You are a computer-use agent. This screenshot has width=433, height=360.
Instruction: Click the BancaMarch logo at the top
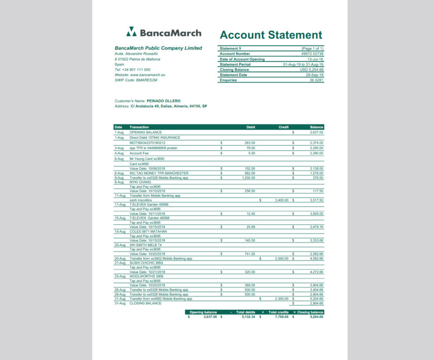pyautogui.click(x=164, y=33)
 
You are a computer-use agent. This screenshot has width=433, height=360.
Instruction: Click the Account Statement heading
pyautogui.click(x=271, y=35)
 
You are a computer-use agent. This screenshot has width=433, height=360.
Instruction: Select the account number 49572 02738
pyautogui.click(x=312, y=54)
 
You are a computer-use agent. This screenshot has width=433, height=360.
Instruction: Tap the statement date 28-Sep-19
pyautogui.click(x=315, y=75)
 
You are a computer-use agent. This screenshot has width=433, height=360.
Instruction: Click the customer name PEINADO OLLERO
pyautogui.click(x=163, y=101)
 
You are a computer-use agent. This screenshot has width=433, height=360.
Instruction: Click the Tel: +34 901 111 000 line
pyautogui.click(x=132, y=70)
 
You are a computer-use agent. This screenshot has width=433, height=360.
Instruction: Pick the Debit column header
pyautogui.click(x=251, y=127)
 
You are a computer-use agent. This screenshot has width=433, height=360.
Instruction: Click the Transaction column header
pyautogui.click(x=139, y=127)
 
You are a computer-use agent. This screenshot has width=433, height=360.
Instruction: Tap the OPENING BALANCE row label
pyautogui.click(x=145, y=132)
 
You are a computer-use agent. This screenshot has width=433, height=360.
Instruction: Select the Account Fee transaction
pyautogui.click(x=139, y=153)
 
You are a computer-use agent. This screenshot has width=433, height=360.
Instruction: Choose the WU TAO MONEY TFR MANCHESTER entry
pyautogui.click(x=159, y=173)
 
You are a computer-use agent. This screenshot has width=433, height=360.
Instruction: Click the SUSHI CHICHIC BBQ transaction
pyautogui.click(x=146, y=263)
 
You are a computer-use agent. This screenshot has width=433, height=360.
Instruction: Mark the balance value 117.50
pyautogui.click(x=317, y=191)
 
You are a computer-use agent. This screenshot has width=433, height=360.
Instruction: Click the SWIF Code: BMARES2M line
pyautogui.click(x=136, y=80)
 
